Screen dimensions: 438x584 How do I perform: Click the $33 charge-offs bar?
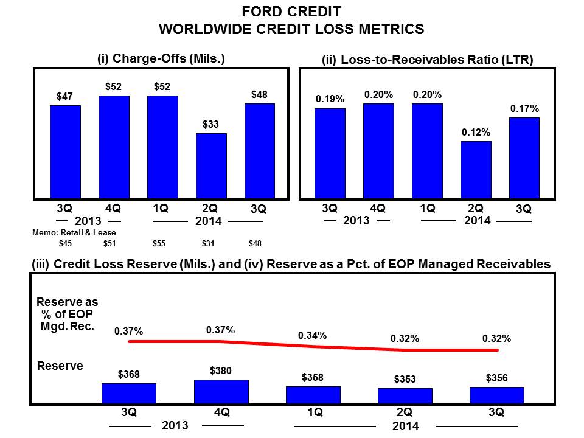coord(211,166)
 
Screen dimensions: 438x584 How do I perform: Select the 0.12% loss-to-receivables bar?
coord(476,170)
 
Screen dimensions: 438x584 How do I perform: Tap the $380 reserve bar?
coord(221,391)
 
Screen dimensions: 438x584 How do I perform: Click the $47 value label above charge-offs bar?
coord(65,96)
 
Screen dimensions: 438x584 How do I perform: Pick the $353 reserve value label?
coord(405,380)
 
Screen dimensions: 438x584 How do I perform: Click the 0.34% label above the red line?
coord(312,335)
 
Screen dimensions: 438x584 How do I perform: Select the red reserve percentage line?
coord(313,346)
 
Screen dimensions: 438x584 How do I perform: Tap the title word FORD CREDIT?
coord(291,12)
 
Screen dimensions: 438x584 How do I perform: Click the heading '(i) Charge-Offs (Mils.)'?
coord(161,58)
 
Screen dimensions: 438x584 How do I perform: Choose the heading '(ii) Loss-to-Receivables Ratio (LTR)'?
coord(428,60)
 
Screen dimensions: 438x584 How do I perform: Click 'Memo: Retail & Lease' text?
coord(74,232)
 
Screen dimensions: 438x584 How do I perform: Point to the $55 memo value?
coord(161,244)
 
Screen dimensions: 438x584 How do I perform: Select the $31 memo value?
coord(209,244)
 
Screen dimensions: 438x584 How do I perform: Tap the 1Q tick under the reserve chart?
coord(315,412)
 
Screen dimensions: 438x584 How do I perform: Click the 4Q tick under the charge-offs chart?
coord(113,208)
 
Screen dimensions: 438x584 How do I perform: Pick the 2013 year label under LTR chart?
coord(356,220)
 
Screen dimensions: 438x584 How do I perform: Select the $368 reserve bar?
coord(129,393)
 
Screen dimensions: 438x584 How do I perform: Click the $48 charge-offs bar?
coord(260,151)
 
